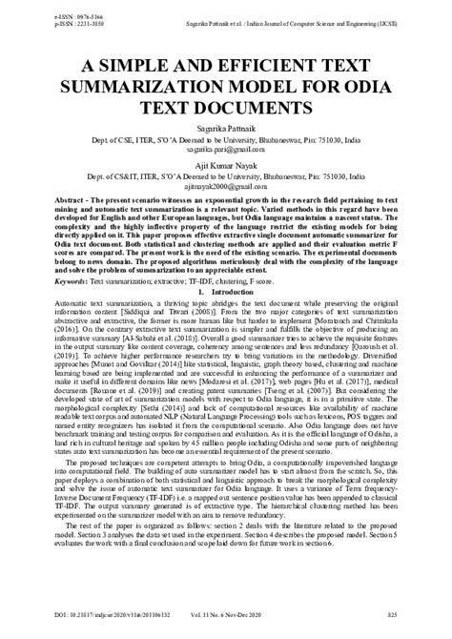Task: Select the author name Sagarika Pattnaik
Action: pyautogui.click(x=226, y=126)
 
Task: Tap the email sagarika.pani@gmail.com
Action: pyautogui.click(x=226, y=149)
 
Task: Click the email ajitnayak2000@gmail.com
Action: pyautogui.click(x=226, y=188)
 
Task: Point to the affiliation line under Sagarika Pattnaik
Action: pyautogui.click(x=226, y=138)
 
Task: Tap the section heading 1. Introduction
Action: pyautogui.click(x=225, y=294)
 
